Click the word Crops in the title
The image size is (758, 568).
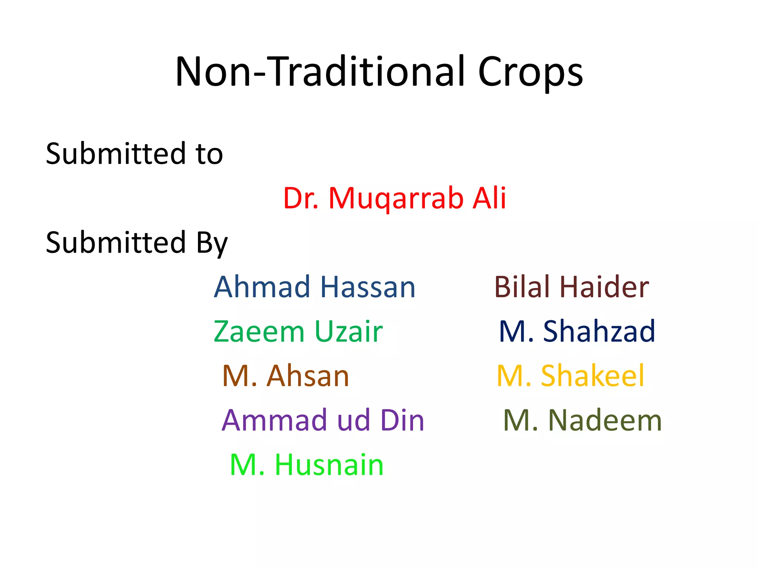[530, 72]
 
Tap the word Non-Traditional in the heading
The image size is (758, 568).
[320, 72]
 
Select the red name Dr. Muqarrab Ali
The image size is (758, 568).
[395, 198]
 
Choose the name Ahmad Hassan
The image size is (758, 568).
[315, 287]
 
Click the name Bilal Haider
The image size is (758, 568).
[571, 287]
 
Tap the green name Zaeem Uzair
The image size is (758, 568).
[298, 331]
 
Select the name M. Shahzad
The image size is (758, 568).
[577, 331]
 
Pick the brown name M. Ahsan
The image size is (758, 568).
[286, 376]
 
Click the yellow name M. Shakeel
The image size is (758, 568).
[571, 376]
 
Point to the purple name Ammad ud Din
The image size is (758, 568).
[323, 420]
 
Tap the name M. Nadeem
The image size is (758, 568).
[583, 420]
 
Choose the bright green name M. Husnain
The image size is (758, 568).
[307, 465]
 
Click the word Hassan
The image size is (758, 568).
[368, 287]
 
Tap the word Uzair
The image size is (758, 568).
[348, 331]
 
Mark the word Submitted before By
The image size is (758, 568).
[115, 243]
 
